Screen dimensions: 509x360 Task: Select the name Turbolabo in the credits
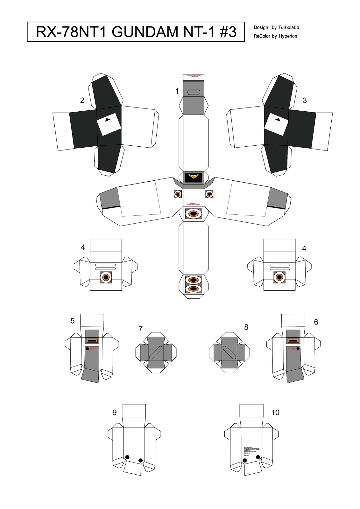289,28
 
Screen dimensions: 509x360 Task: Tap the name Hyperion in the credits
288,36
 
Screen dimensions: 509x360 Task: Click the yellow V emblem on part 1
194,177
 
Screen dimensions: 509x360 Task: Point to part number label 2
82,101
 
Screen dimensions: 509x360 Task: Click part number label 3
305,101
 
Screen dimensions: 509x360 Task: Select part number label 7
140,329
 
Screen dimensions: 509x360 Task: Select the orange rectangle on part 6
293,341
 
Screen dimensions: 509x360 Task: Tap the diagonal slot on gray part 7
156,353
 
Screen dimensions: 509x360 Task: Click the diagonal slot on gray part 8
229,353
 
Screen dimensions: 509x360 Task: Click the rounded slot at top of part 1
194,93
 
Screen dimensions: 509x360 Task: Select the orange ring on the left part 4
106,277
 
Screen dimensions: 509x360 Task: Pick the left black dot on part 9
127,457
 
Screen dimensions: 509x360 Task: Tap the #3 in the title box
228,32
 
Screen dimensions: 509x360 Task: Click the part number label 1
177,91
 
